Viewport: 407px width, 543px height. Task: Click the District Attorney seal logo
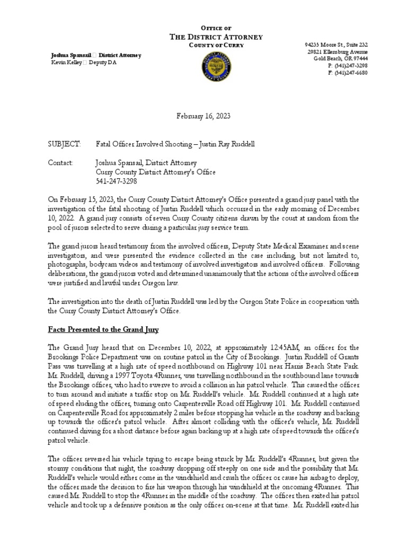(x=216, y=66)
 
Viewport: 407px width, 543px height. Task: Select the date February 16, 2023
(x=203, y=116)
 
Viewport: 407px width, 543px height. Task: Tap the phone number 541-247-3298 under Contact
(x=116, y=181)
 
